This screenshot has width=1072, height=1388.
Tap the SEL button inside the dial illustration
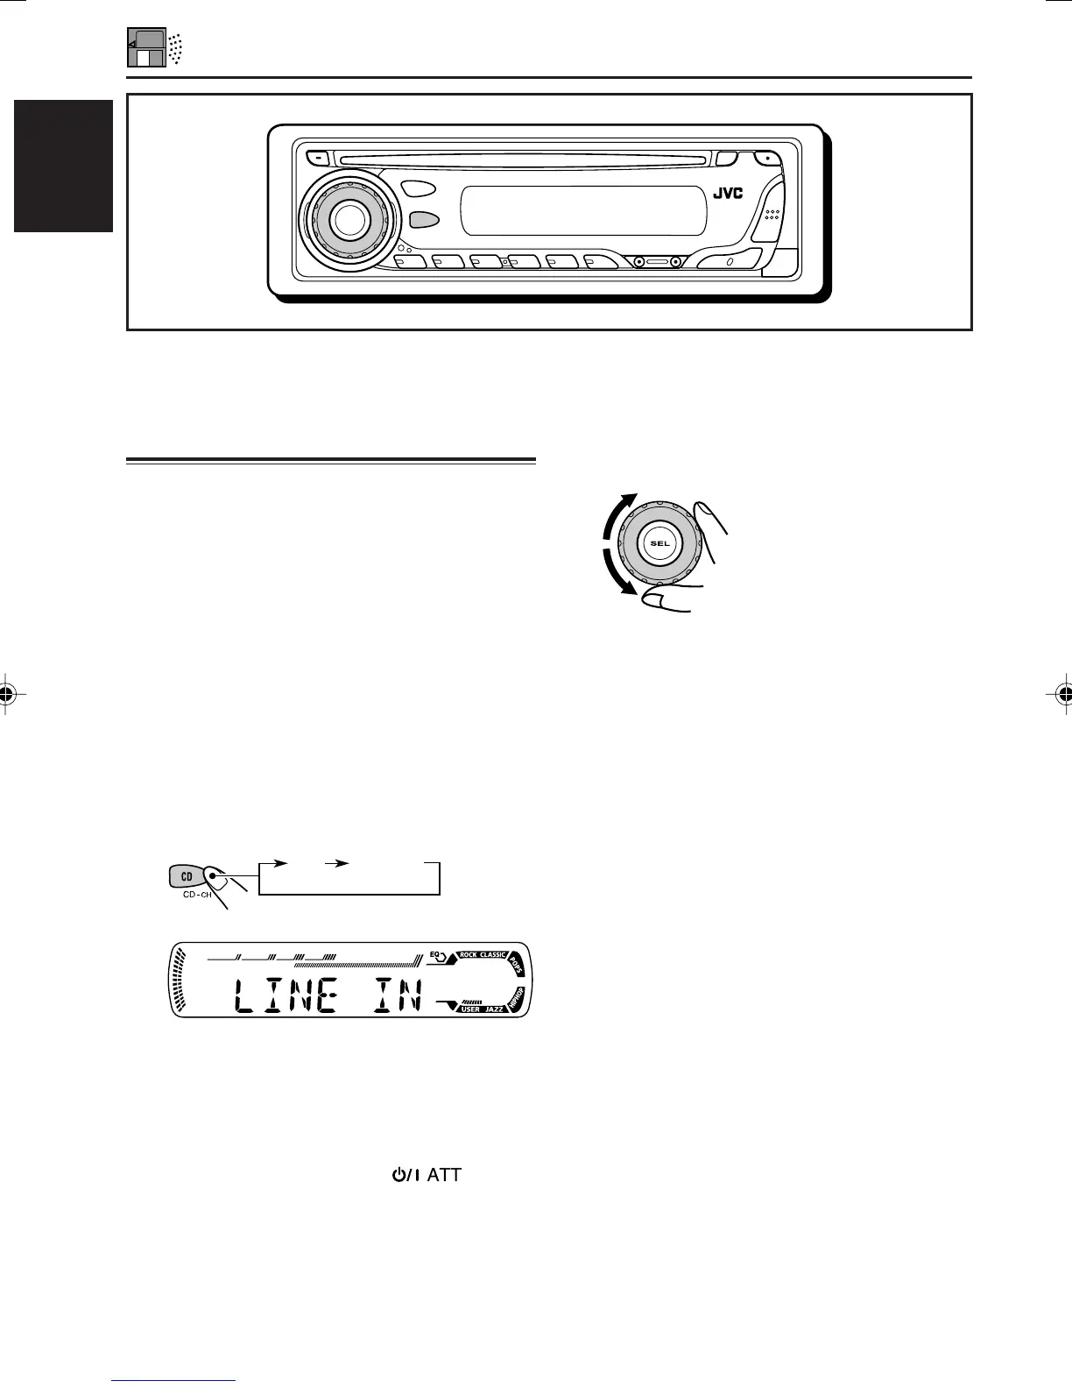click(659, 543)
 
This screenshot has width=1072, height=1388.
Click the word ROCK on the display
click(474, 954)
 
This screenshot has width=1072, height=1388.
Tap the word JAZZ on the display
click(494, 1009)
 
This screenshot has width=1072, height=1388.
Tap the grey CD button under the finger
click(187, 875)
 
